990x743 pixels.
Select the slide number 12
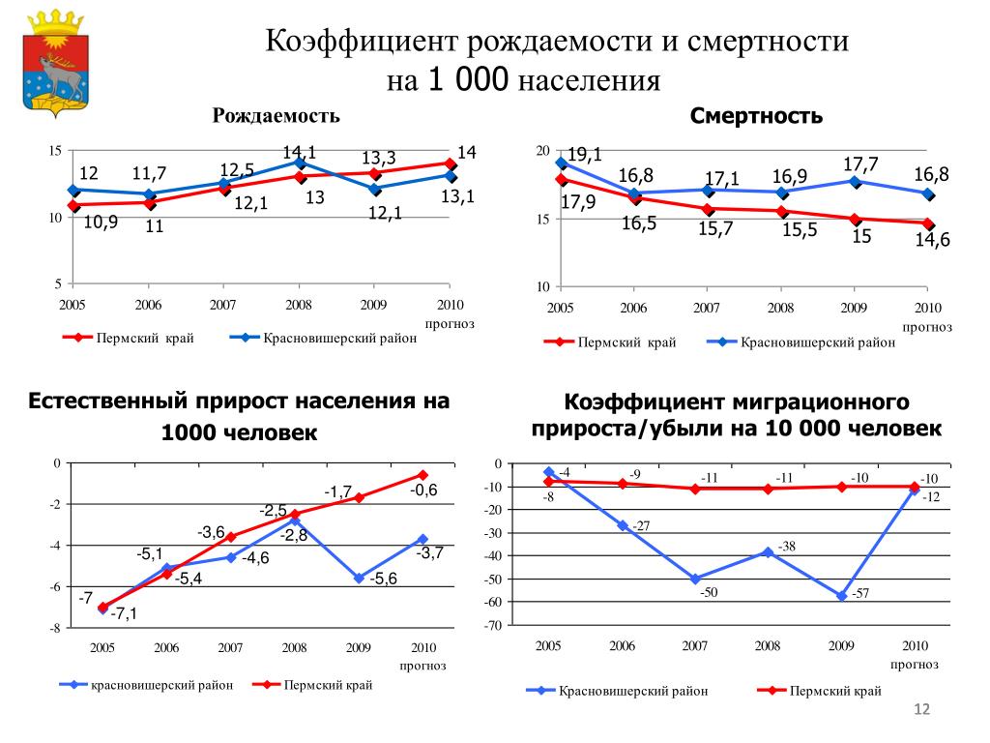[920, 712]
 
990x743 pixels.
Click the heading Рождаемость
[277, 116]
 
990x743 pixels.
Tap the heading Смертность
[756, 117]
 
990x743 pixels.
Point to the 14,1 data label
[300, 152]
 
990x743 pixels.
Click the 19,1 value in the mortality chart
[583, 155]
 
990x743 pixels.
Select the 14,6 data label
[933, 241]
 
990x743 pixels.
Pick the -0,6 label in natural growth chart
[423, 490]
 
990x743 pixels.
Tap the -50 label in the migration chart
[709, 592]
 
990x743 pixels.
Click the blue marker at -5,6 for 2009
[359, 578]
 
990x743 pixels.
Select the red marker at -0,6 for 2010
[422, 475]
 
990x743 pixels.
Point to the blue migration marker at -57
[842, 596]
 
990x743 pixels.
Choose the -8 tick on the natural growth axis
[54, 629]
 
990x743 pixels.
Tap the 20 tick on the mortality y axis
[541, 151]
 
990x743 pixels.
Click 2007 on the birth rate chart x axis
[222, 305]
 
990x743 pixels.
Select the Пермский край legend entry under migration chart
[834, 691]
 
